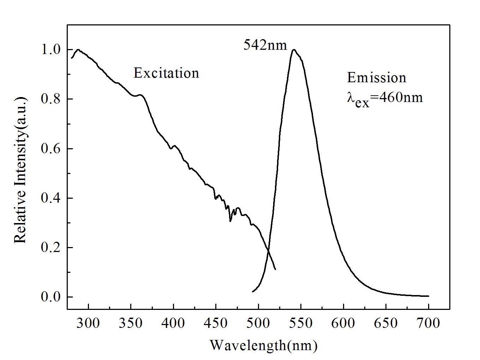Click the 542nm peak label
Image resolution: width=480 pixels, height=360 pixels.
(x=265, y=45)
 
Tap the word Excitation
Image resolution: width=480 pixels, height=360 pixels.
(x=166, y=73)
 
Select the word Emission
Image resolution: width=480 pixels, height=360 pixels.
(x=377, y=78)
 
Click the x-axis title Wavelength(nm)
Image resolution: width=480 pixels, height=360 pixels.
(x=264, y=345)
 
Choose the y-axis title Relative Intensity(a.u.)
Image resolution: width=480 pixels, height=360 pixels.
(x=20, y=170)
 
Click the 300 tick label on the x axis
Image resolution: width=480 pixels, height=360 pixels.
(x=88, y=323)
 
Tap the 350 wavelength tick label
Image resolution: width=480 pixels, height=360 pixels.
(x=131, y=323)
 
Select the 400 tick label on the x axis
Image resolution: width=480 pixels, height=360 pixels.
(x=173, y=323)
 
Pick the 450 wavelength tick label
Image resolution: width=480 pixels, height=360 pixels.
(x=216, y=323)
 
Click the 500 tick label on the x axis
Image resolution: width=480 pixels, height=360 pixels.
(x=258, y=323)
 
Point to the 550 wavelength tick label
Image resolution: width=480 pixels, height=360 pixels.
(x=301, y=323)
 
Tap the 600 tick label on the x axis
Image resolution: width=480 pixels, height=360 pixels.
(x=343, y=323)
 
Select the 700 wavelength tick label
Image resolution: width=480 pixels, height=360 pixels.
(x=428, y=323)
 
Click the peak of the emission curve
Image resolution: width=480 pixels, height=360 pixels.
(x=294, y=50)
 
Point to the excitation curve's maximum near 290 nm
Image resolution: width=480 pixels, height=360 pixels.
(x=78, y=50)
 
